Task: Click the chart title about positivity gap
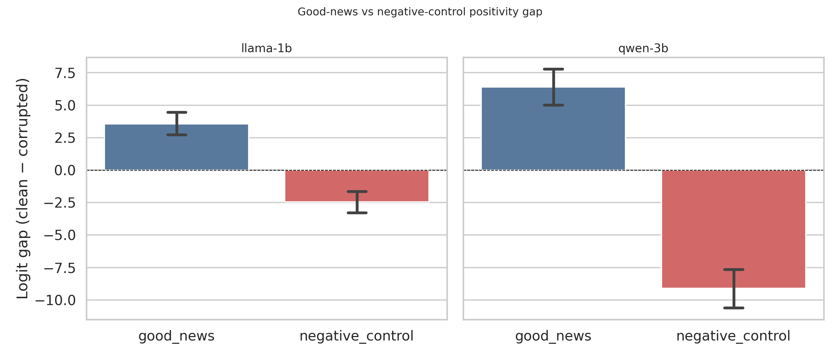coord(420,12)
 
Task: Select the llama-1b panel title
coord(266,49)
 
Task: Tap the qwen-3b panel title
coord(643,49)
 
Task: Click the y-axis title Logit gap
coord(23,188)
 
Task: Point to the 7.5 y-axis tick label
coord(65,73)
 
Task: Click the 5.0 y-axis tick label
coord(65,106)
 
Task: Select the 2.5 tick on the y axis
coord(65,138)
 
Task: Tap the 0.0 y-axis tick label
coord(65,170)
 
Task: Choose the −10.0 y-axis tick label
coord(55,300)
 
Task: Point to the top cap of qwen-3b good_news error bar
coord(553,69)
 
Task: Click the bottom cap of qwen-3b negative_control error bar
coord(734,308)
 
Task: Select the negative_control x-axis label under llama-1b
coord(356,336)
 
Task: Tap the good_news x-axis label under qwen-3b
coord(553,336)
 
